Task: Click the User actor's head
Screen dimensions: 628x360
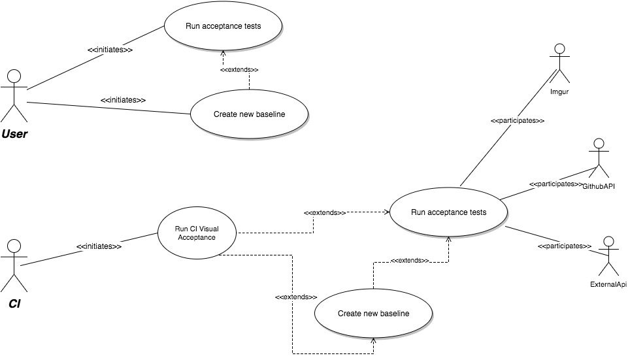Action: [14, 76]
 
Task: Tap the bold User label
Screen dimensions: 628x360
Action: [14, 134]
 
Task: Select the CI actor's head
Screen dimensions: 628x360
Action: [14, 246]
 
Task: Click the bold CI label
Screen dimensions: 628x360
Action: [14, 304]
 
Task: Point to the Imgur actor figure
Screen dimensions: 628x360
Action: [559, 63]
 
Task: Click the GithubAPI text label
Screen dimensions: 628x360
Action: [599, 187]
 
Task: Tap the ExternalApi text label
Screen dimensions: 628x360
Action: [608, 285]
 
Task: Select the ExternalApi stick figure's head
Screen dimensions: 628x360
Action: [609, 242]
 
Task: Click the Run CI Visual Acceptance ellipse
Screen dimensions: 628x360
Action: [197, 233]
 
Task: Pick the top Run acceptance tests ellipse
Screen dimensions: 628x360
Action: [223, 26]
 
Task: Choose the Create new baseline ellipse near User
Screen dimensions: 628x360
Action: [249, 114]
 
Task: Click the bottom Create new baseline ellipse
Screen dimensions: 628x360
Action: [373, 314]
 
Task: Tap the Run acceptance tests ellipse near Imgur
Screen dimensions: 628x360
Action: [448, 212]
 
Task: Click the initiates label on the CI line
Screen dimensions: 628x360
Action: [99, 247]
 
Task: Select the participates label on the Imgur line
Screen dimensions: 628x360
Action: [518, 120]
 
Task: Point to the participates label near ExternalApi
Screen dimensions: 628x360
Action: [565, 246]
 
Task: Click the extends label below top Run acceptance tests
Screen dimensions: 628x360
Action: [240, 70]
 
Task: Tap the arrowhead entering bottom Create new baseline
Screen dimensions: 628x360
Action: [373, 341]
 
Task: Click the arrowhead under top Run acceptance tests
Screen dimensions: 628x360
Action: [223, 54]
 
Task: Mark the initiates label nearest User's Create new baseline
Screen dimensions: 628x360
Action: [123, 100]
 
